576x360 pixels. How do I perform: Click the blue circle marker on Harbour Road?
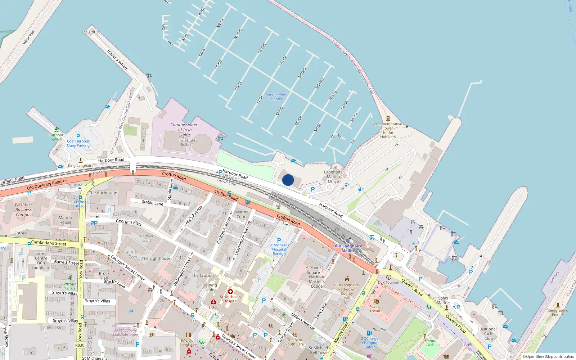tap(288, 180)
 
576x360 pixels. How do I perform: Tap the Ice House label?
tap(91, 32)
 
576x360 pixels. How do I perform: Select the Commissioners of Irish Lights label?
tap(185, 130)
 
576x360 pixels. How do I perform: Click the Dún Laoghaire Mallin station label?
tap(347, 248)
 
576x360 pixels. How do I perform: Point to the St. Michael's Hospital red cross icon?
tap(230, 292)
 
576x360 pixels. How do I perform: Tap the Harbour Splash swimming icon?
tap(57, 130)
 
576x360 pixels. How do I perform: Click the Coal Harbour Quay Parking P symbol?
tap(78, 136)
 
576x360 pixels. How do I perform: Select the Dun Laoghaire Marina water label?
tap(276, 97)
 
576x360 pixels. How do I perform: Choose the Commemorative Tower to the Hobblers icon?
tap(388, 118)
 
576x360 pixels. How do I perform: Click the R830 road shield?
tap(80, 345)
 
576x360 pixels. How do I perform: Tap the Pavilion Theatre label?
tap(376, 309)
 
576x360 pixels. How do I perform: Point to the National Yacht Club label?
tap(489, 333)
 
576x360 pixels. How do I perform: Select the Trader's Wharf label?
tap(118, 59)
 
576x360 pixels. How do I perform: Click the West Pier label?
tap(29, 37)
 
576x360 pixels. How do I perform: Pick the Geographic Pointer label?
tap(558, 312)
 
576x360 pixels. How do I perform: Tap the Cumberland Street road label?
tap(49, 243)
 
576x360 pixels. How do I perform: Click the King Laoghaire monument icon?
tap(81, 160)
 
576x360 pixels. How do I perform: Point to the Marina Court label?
tap(242, 214)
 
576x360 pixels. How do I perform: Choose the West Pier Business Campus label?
tap(23, 210)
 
